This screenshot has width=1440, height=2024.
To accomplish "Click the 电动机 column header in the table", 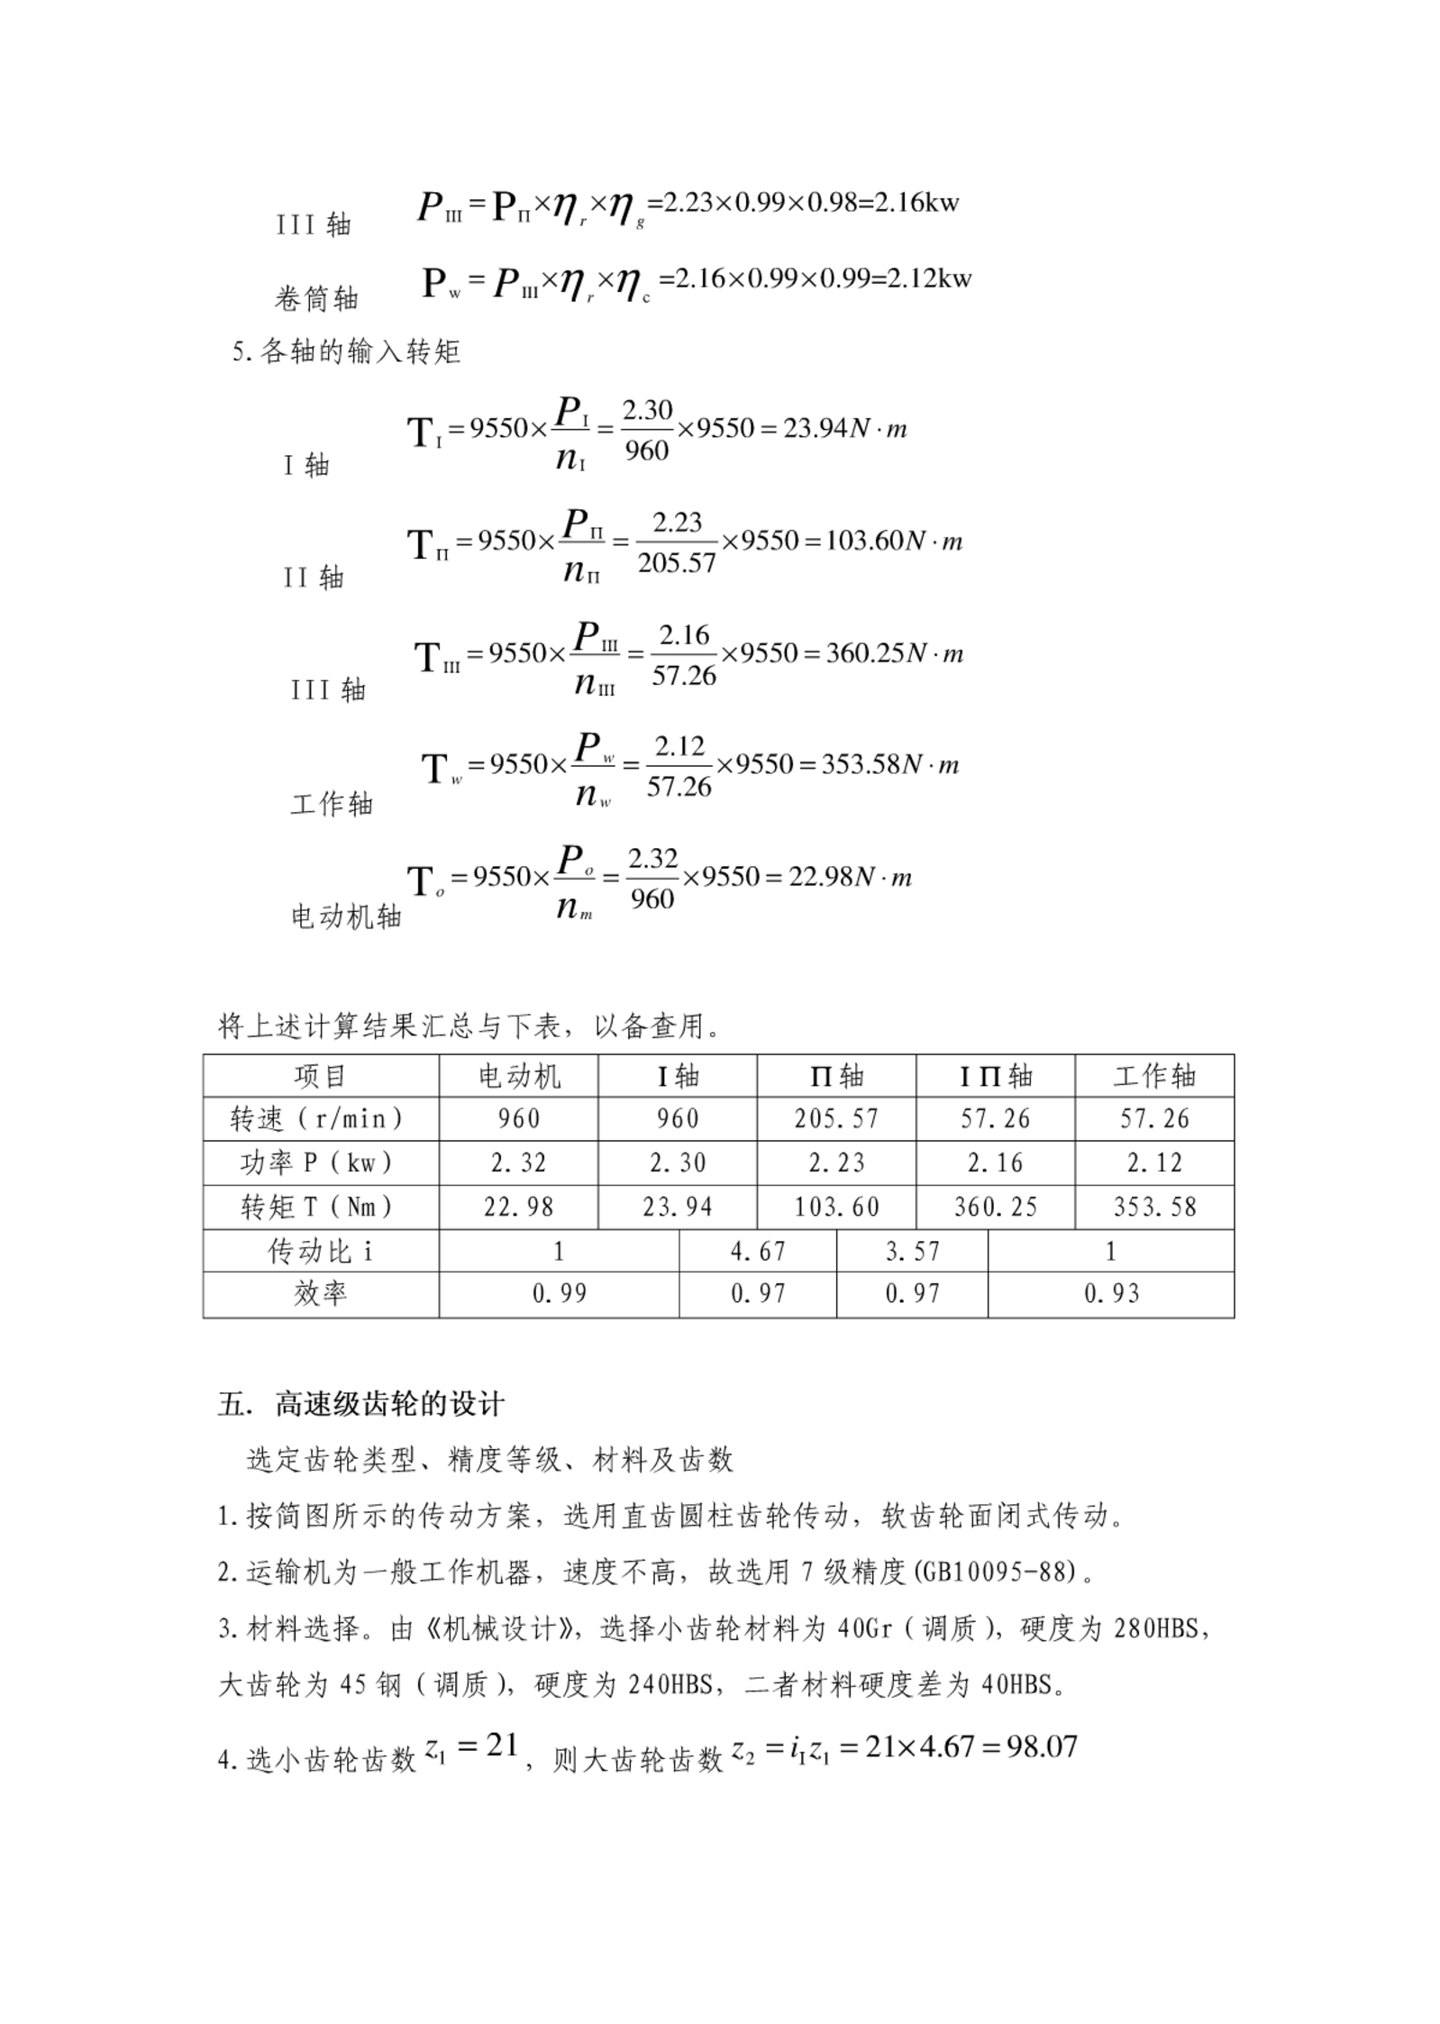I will [518, 1075].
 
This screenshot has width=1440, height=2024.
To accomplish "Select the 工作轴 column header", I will [1153, 1075].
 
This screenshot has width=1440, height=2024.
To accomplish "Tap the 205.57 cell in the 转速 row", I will [835, 1118].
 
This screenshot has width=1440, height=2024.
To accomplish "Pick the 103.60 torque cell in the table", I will [835, 1207].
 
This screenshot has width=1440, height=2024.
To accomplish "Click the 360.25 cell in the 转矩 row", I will [995, 1207].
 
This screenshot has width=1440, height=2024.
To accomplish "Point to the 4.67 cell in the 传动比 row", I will [757, 1251].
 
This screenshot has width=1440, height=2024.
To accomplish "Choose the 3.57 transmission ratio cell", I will [912, 1251].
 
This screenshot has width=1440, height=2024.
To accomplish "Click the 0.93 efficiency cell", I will [1110, 1294].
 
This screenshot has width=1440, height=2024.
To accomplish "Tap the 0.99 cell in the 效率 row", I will [559, 1294].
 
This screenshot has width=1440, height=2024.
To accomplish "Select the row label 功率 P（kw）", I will [320, 1162].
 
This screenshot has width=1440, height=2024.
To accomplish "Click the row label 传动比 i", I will [320, 1251].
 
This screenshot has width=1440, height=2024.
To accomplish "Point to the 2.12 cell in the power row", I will [1153, 1162].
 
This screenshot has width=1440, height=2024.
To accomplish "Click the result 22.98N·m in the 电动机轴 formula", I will [850, 877].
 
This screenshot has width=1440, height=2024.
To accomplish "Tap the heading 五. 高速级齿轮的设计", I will [360, 1405].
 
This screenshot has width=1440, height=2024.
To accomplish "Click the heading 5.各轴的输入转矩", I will [346, 351].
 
